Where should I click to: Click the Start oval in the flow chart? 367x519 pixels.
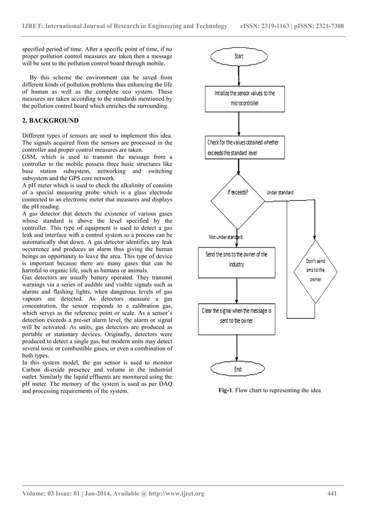coord(239,56)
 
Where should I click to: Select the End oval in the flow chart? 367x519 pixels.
coord(238,368)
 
